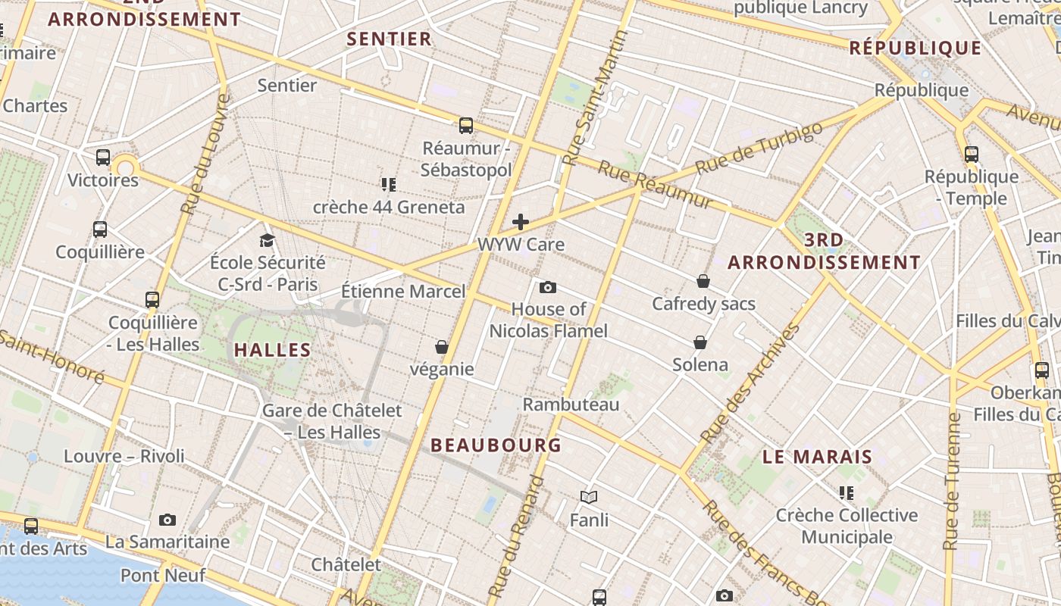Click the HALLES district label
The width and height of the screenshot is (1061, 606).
coord(272,350)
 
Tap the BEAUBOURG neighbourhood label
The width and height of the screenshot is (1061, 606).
coord(496,445)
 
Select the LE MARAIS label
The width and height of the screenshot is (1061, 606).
coord(818,458)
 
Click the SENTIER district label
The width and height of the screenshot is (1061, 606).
coord(389,39)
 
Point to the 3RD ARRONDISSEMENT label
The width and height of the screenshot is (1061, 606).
coord(824,251)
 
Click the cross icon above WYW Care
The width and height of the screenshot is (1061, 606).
coord(521,222)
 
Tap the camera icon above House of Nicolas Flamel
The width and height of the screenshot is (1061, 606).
coord(548,287)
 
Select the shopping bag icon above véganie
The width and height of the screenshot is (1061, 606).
coord(442,347)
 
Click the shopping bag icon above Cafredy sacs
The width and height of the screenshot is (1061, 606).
coord(703,281)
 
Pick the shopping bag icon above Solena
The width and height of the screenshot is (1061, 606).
coord(700,342)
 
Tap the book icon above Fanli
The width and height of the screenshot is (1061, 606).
coord(589,497)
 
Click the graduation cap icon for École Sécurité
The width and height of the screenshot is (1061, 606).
coord(267,241)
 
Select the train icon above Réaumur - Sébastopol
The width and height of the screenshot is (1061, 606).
coord(466,126)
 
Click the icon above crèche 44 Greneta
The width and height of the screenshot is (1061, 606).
coord(389,184)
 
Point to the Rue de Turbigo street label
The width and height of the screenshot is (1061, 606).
coord(759,148)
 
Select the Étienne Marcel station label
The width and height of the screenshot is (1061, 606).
coord(403,291)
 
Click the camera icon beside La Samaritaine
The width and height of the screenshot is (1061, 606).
coord(167,520)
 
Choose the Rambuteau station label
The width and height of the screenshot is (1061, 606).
coord(571,404)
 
